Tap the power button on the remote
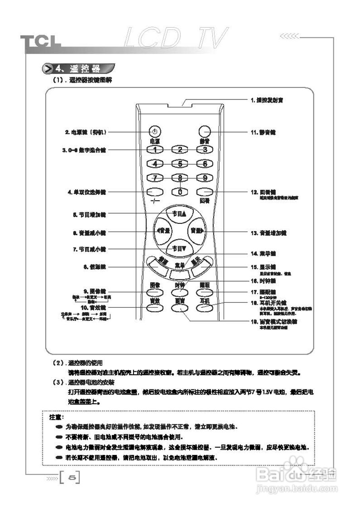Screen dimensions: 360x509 tap(155, 132)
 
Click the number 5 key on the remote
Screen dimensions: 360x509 tap(180, 163)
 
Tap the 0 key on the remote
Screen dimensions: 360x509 tap(180, 192)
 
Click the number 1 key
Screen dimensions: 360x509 tap(155, 150)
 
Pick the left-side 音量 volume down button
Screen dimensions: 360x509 tap(163, 231)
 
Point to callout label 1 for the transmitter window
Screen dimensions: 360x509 tap(267, 101)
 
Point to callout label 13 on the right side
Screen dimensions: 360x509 tap(269, 233)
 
